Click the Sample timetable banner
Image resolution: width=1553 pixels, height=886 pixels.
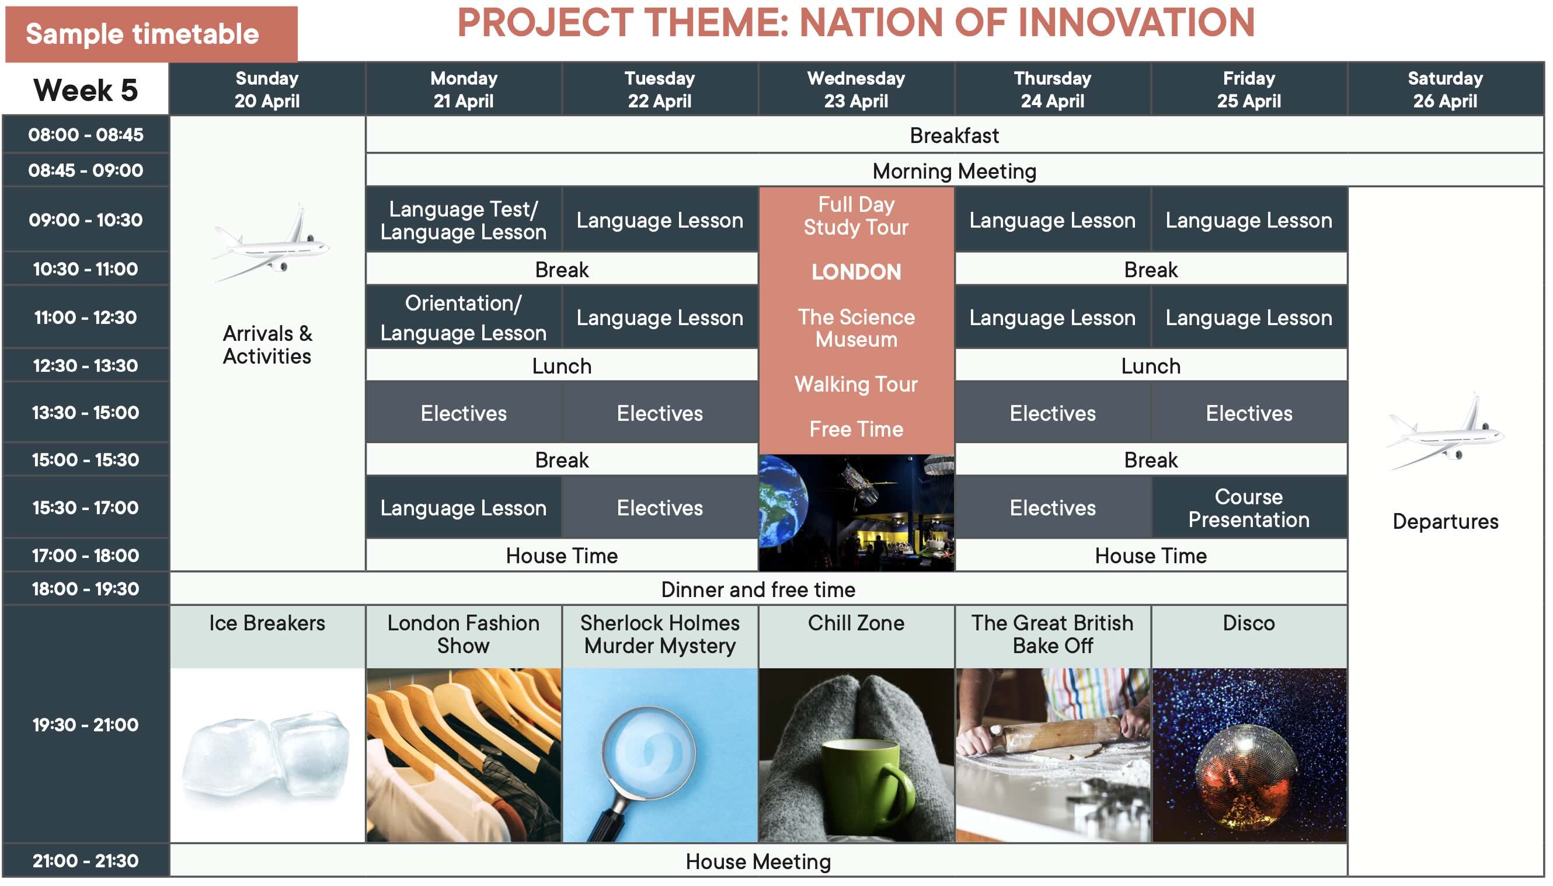coord(151,34)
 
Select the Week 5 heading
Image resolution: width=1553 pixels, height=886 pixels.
coord(86,90)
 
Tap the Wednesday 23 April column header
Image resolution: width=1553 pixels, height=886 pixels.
coord(856,89)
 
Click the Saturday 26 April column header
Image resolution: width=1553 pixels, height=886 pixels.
coord(1444,89)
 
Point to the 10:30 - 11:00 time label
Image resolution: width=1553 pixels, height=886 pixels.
coord(86,269)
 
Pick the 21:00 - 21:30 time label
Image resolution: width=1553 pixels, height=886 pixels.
coord(86,860)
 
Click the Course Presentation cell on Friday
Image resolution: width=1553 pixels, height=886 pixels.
coord(1248,508)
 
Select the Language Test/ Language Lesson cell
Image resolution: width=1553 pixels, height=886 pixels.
coord(463,219)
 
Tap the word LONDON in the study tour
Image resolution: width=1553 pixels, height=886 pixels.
coord(856,272)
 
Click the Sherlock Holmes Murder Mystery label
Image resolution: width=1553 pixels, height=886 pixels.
coord(660,634)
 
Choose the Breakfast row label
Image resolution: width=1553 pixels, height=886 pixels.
coord(953,135)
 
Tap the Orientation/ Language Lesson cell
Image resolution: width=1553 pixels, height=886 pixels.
coord(463,317)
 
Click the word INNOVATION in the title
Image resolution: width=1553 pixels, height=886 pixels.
coord(1136,23)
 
